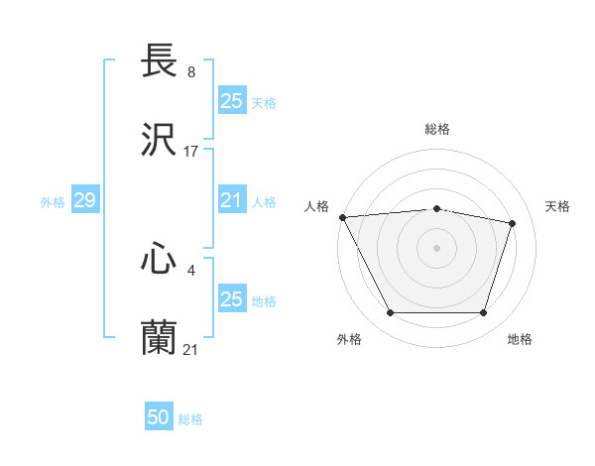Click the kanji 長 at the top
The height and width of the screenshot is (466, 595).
[159, 62]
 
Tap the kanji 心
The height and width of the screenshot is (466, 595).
[159, 260]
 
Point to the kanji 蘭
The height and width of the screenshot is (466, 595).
[159, 337]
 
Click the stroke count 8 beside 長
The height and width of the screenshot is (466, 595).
[190, 72]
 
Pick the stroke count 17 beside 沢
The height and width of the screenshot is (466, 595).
[191, 152]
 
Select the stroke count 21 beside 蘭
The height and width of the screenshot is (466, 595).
[191, 348]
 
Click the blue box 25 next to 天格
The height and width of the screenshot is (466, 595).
[231, 101]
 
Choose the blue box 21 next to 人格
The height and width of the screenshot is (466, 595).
[231, 201]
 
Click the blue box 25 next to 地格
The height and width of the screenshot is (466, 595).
[231, 299]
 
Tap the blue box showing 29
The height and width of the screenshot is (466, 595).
[84, 201]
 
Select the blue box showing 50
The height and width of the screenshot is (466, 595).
[159, 417]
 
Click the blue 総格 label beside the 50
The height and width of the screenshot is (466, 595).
[190, 419]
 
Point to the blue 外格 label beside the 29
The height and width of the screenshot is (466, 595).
[53, 202]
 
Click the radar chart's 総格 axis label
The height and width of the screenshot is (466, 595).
[437, 130]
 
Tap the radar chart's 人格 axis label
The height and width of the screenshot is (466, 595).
[316, 206]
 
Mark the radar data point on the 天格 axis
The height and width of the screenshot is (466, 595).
[513, 223]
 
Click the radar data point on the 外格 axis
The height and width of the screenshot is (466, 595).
[391, 313]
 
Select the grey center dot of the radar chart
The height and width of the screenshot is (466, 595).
[437, 248]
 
